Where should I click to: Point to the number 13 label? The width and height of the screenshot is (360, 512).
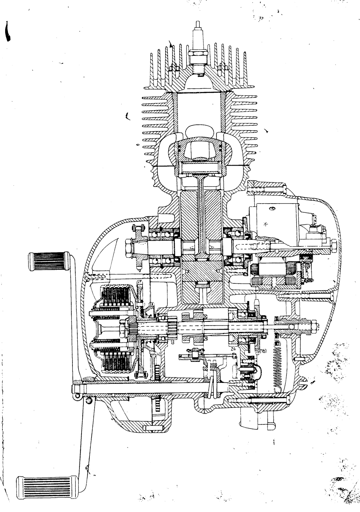pyautogui.click(x=172, y=342)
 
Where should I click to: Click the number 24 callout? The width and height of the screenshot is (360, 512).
pyautogui.click(x=233, y=349)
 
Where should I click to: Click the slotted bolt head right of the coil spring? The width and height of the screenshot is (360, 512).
pyautogui.click(x=305, y=384)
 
